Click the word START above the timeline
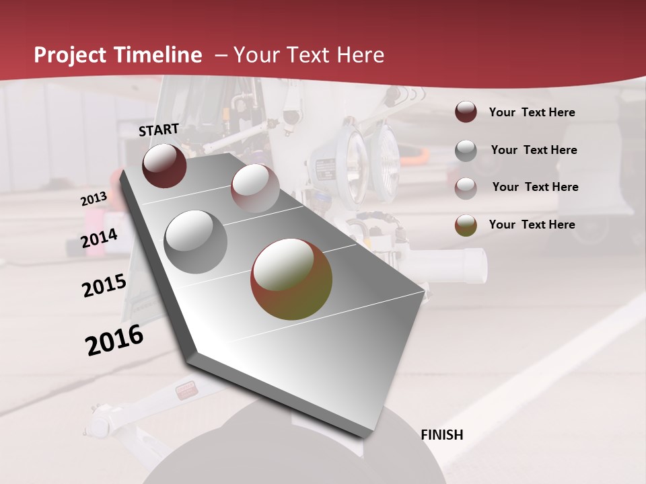point(159,130)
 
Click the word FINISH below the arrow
point(441,435)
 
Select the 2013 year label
point(94,199)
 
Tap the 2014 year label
point(100,239)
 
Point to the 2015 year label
point(104,286)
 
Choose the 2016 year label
point(114,340)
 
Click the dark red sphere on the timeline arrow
point(164,165)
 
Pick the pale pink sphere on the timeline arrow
point(255,188)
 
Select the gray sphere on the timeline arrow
point(196,241)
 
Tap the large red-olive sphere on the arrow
point(291,279)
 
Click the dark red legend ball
point(466,112)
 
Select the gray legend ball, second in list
point(466,151)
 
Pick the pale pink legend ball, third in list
point(466,188)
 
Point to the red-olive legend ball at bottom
point(466,225)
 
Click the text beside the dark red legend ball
point(532,112)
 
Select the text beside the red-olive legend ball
point(532,225)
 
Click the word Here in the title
point(360,55)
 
